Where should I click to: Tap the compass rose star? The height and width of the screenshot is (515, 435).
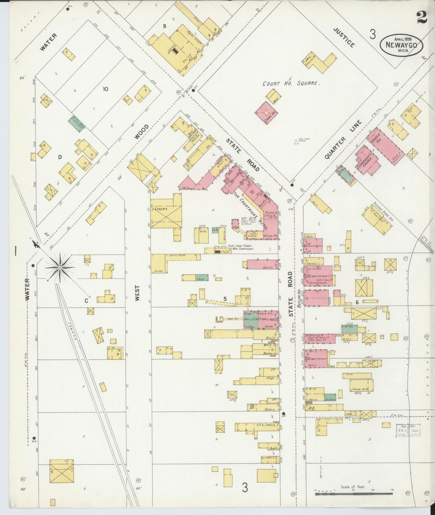pos(60,267)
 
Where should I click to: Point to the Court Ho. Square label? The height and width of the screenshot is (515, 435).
pos(290,83)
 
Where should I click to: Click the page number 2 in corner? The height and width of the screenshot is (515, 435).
pos(422,18)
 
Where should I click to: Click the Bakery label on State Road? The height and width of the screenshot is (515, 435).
pos(269,410)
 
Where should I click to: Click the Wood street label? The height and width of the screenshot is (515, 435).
pos(141,132)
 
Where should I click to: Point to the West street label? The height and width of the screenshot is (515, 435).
pos(138,293)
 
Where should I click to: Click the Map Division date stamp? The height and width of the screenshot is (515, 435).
pos(408,430)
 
